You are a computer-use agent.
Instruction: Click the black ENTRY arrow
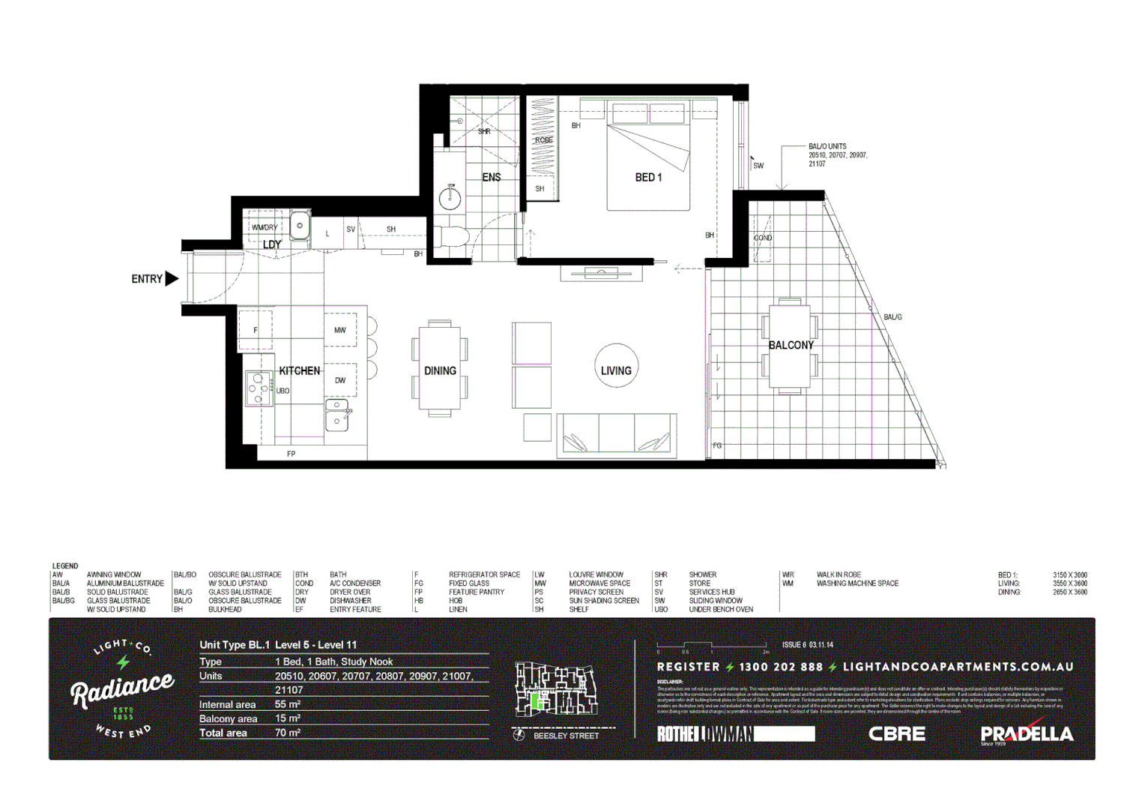click(172, 279)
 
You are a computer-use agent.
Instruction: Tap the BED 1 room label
click(648, 178)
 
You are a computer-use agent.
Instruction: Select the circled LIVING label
click(616, 370)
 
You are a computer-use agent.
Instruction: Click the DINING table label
click(440, 370)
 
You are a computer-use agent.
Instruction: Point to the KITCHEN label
click(299, 370)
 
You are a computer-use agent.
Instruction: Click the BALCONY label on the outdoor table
click(791, 345)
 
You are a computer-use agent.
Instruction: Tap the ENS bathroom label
click(491, 178)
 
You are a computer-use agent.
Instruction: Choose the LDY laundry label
click(272, 244)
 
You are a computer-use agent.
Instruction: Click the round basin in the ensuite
click(450, 197)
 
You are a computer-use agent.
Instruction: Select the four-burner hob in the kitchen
click(259, 388)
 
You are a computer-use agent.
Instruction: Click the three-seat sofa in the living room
click(617, 435)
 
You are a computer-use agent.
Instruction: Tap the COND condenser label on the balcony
click(763, 238)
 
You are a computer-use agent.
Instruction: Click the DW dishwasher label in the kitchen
click(340, 380)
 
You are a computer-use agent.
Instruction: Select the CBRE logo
click(896, 733)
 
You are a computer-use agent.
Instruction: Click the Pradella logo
click(1026, 733)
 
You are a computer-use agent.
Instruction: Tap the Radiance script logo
click(122, 688)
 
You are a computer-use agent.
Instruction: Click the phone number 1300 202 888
click(780, 667)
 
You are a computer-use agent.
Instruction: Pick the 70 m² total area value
click(287, 733)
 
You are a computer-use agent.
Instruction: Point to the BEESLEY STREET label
click(566, 736)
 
